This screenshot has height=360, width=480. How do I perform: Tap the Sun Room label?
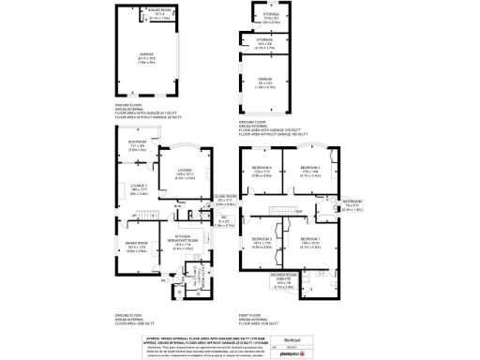pos(138,147)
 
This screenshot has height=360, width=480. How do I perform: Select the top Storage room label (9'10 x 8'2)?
pos(271,17)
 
